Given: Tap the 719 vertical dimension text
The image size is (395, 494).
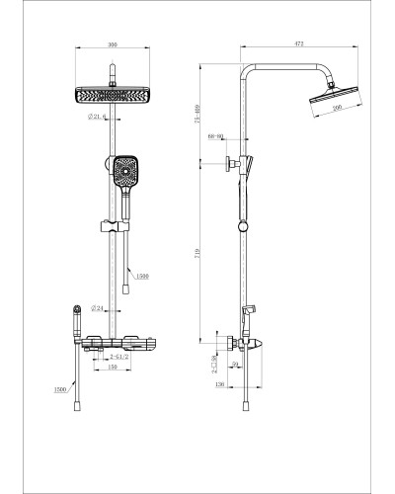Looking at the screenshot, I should point(198,255).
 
